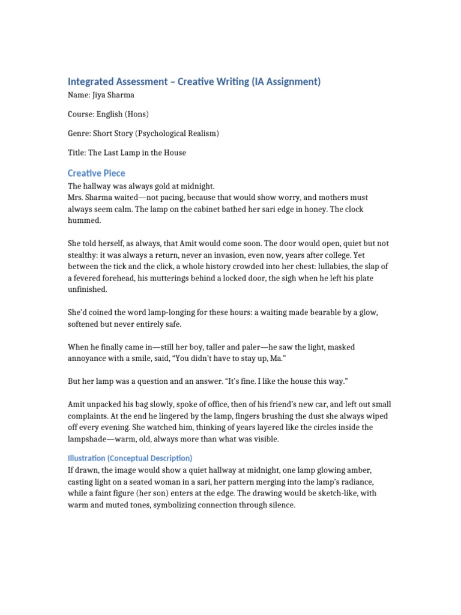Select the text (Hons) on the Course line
(x=137, y=114)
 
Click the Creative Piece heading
(x=97, y=173)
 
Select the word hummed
(x=85, y=220)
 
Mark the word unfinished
(x=88, y=289)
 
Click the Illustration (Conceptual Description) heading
(x=130, y=458)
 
